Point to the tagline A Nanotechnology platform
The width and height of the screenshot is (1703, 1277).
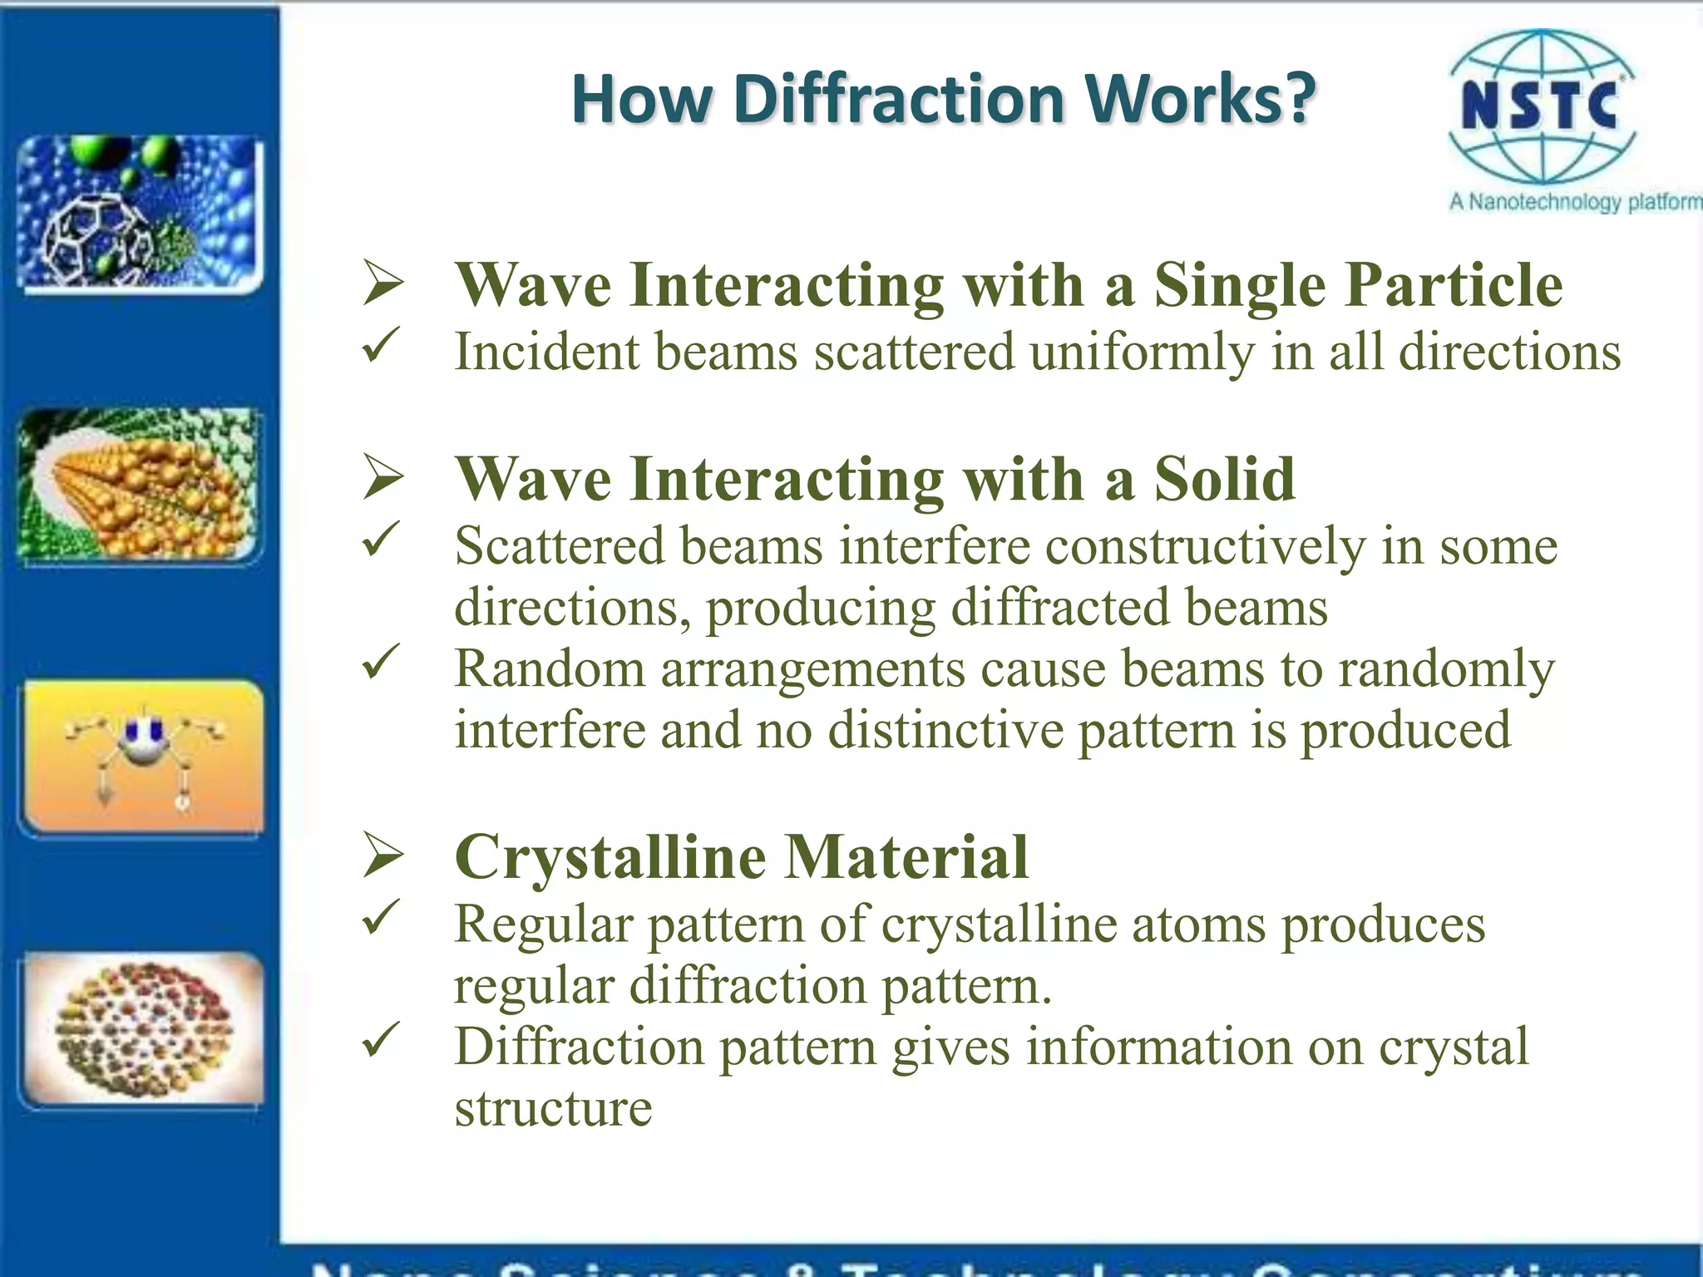tap(1575, 202)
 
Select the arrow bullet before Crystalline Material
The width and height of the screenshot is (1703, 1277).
tap(383, 856)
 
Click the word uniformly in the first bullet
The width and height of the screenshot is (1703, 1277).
tap(1141, 352)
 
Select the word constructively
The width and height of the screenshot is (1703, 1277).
tap(1205, 547)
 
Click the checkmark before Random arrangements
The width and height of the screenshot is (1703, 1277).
tap(382, 663)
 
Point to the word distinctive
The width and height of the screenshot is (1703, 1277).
tap(945, 730)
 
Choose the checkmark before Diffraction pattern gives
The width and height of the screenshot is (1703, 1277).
tap(382, 1039)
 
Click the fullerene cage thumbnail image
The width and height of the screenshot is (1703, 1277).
tap(140, 214)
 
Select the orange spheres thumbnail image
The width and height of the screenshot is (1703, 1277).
tap(140, 485)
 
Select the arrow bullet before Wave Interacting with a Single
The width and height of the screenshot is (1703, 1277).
tap(383, 284)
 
